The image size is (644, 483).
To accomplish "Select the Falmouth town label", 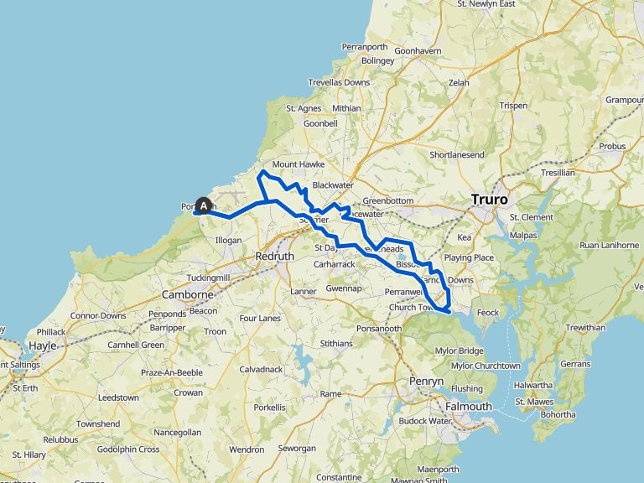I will click(470, 407).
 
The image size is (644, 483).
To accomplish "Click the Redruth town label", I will click(274, 255).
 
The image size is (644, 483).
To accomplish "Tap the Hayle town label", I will click(42, 345).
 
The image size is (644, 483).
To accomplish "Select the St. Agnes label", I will click(304, 108).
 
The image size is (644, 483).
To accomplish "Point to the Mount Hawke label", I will click(297, 164).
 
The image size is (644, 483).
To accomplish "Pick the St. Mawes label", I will click(534, 402).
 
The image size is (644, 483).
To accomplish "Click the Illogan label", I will click(229, 240).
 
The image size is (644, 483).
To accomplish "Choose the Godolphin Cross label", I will click(126, 449).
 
